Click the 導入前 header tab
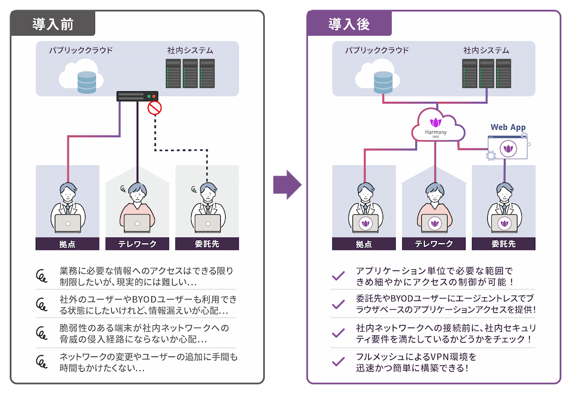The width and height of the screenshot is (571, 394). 53,25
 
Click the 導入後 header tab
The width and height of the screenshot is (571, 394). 349,25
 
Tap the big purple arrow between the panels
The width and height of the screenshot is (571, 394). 287,184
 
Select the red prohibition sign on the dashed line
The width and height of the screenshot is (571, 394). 154,108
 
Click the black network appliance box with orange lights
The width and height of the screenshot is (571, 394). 137,96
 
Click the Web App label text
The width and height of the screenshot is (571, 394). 508,128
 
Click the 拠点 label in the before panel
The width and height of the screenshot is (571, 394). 67,244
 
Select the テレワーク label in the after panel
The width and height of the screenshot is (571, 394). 434,244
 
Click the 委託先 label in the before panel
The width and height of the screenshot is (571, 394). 207,244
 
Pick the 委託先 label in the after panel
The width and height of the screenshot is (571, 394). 503,244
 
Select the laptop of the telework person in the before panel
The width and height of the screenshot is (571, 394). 137,223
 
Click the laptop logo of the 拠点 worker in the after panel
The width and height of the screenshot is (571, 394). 365,224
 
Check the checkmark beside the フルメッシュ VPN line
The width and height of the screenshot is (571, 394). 338,361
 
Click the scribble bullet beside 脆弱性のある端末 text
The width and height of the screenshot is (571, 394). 41,332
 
